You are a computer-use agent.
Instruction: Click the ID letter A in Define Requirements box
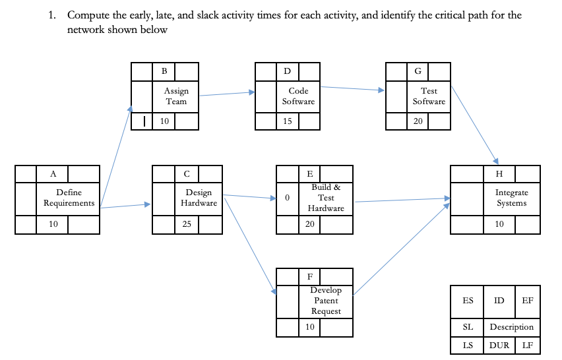tap(53, 174)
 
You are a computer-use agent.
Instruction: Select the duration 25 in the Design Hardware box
tap(187, 224)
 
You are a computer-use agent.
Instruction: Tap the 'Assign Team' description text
tap(176, 96)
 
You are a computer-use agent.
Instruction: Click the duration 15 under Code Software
tap(287, 121)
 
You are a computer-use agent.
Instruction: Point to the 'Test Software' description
tap(429, 96)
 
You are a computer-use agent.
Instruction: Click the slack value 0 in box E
tap(287, 198)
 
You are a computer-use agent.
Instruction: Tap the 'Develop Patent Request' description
tap(326, 301)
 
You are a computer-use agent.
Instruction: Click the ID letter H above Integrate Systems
tap(499, 174)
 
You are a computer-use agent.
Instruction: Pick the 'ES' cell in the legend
tap(468, 301)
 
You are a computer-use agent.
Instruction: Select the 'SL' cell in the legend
tap(468, 327)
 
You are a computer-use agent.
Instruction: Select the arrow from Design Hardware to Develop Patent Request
tap(249, 244)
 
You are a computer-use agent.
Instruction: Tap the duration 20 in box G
tap(419, 121)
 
